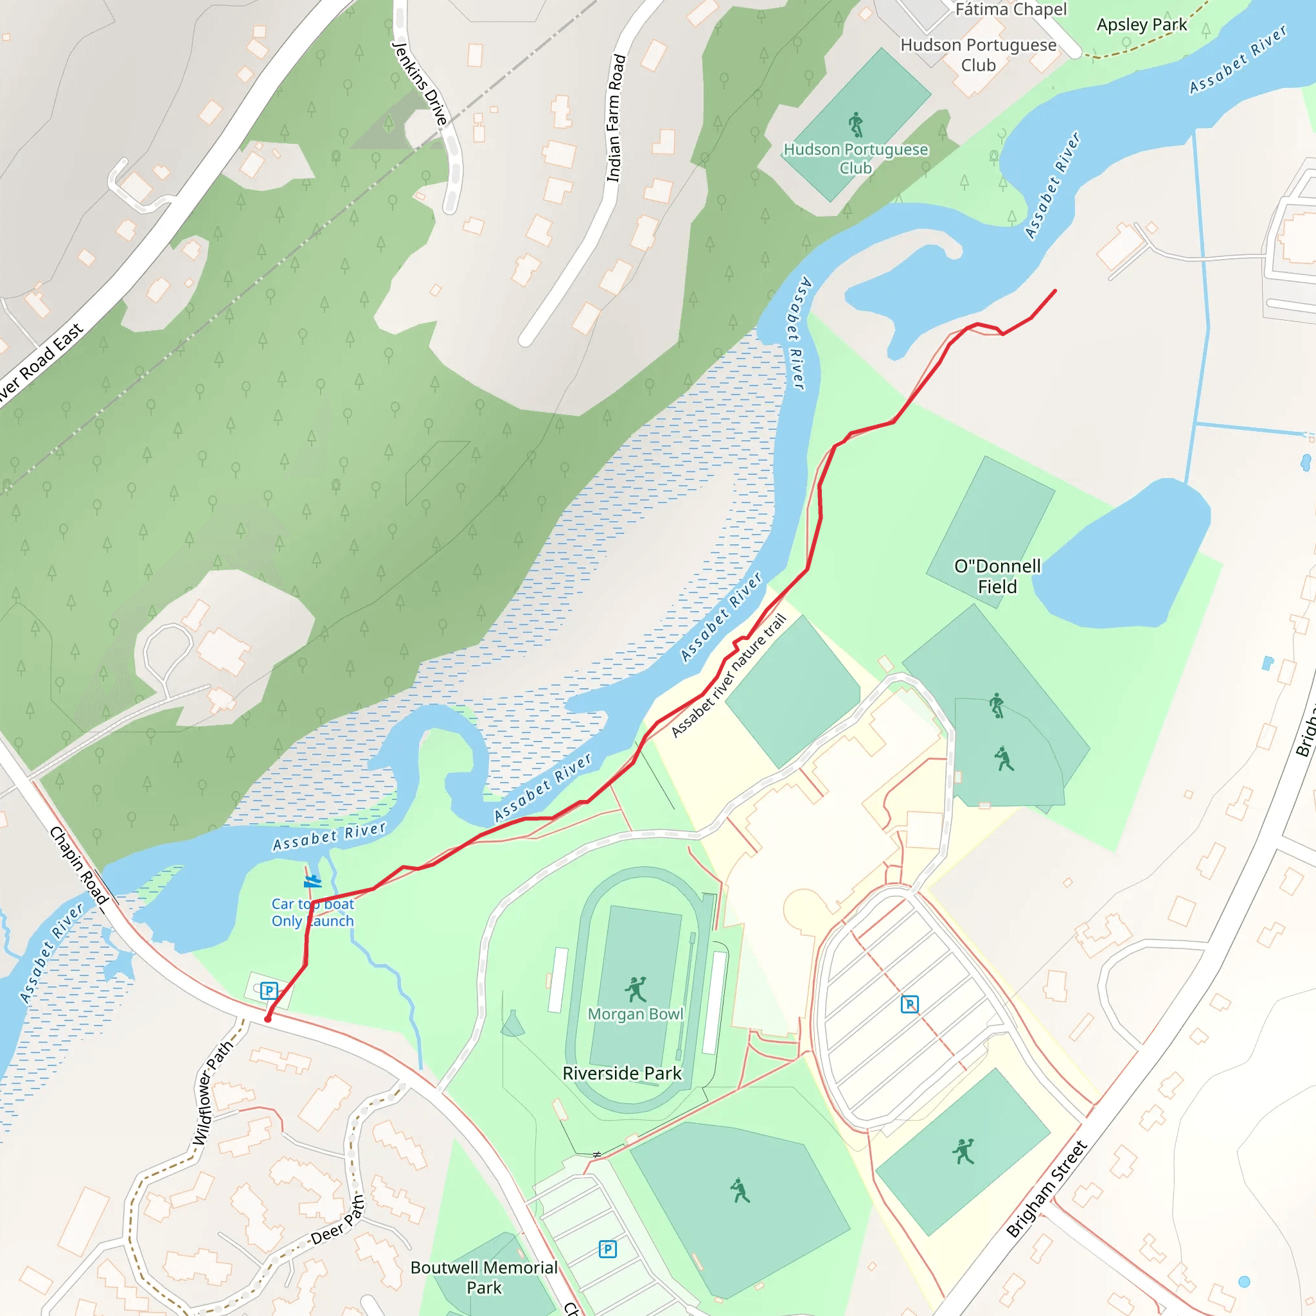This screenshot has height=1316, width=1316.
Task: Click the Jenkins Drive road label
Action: [x=420, y=83]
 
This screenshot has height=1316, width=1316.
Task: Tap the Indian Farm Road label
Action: [x=615, y=118]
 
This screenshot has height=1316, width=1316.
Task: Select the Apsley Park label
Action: [x=1142, y=25]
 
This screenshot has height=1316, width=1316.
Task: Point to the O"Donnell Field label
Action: [x=997, y=576]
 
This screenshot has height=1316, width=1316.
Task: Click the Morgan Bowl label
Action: [x=636, y=1014]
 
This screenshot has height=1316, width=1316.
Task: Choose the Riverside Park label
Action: [x=622, y=1074]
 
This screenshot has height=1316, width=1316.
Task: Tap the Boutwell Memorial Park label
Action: [x=484, y=1277]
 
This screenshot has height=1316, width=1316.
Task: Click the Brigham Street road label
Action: [x=1047, y=1189]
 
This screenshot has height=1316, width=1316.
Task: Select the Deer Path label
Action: [x=337, y=1221]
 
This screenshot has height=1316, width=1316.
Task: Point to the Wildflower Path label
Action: [x=213, y=1093]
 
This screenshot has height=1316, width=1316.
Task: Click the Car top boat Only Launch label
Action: [x=313, y=912]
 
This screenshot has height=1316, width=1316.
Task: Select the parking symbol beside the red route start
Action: [x=269, y=990]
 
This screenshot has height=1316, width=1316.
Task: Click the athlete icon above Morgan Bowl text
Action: [x=636, y=988]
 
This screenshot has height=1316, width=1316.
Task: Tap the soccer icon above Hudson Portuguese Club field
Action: [x=856, y=125]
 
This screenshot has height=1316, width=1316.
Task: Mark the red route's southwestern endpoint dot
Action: [x=268, y=1019]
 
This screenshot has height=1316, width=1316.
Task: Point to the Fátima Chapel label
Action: [x=1011, y=10]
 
